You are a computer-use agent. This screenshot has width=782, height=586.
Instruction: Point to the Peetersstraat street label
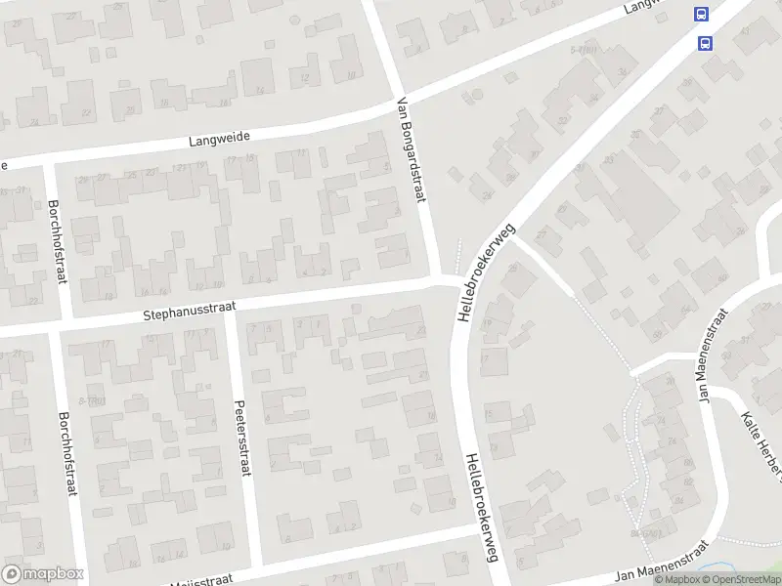pos(239,438)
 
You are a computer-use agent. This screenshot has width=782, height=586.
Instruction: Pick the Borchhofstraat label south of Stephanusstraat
pos(68,453)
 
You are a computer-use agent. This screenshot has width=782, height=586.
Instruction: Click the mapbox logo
pos(42,573)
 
